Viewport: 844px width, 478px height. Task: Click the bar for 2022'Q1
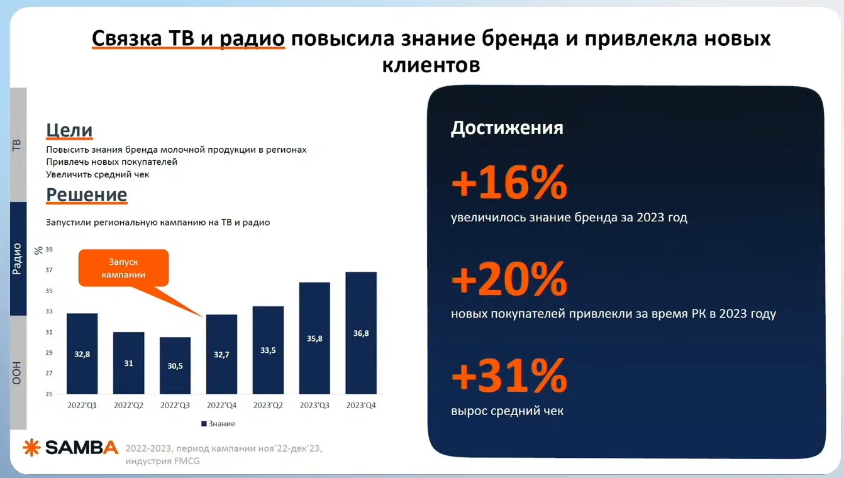click(82, 353)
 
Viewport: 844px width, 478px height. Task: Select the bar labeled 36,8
click(361, 333)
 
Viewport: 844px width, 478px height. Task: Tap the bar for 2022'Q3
click(175, 365)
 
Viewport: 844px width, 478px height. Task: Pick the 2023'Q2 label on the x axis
click(268, 406)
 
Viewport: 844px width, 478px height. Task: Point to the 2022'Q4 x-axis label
click(221, 406)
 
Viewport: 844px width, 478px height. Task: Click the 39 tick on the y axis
click(49, 250)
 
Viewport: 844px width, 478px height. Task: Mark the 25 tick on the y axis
click(49, 394)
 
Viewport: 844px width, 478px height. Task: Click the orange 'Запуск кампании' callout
click(123, 268)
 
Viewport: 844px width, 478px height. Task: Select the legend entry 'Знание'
click(218, 424)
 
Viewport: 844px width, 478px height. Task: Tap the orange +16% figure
click(509, 183)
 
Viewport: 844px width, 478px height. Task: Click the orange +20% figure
click(509, 279)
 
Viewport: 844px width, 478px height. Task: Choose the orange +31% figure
click(509, 375)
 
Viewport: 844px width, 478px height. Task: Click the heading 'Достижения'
click(507, 128)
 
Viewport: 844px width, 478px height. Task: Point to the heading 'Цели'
click(69, 130)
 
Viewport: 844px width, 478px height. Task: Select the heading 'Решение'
click(86, 195)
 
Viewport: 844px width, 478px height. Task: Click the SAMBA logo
click(70, 448)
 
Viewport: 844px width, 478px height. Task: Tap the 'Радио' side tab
click(18, 258)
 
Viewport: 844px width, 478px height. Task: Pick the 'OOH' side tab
click(18, 372)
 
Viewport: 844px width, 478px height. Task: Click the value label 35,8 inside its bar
click(314, 338)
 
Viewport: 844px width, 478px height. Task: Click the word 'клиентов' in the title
click(431, 65)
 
